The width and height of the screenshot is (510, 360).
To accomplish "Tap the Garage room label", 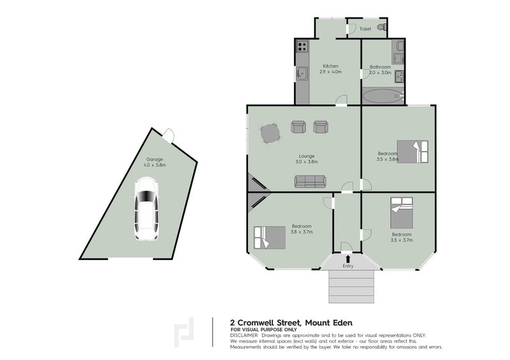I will click(155, 159).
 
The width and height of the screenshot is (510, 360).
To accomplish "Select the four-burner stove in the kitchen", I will click(302, 47).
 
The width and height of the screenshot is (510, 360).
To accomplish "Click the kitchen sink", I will click(302, 74).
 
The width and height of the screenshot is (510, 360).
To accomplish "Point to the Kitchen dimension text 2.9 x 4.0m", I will click(331, 73).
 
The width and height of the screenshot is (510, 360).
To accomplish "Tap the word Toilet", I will click(365, 29).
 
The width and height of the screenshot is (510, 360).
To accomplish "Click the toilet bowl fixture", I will click(381, 28).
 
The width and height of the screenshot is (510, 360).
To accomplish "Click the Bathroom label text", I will click(380, 66).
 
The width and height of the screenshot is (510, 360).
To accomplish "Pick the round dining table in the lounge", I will click(269, 134).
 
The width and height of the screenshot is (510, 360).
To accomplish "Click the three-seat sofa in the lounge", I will click(310, 182).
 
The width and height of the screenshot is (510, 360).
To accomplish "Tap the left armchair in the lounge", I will click(298, 127).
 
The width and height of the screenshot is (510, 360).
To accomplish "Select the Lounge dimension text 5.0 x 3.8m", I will click(306, 162).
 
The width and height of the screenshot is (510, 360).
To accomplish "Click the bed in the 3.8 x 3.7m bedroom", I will click(269, 237).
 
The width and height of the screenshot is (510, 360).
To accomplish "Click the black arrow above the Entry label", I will click(347, 259).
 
